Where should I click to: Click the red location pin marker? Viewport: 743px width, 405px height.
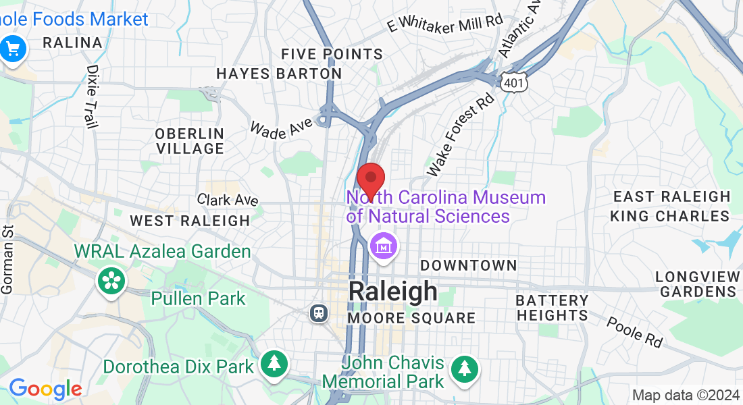pyautogui.click(x=370, y=180)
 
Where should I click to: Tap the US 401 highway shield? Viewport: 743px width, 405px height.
pyautogui.click(x=513, y=81)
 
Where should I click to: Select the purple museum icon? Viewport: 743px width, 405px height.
pyautogui.click(x=384, y=246)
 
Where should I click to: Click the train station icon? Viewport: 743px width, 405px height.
pyautogui.click(x=317, y=313)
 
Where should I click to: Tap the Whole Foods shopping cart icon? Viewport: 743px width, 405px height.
pyautogui.click(x=13, y=48)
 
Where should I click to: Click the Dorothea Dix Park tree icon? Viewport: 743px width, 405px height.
pyautogui.click(x=274, y=364)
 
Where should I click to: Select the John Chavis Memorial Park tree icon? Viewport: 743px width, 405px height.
pyautogui.click(x=465, y=369)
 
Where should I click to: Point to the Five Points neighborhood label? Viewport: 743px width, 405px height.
pyautogui.click(x=332, y=54)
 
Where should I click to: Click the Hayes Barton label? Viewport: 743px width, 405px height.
pyautogui.click(x=279, y=73)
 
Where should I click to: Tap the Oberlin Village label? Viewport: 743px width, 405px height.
pyautogui.click(x=189, y=141)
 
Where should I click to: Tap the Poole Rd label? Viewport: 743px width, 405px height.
pyautogui.click(x=634, y=332)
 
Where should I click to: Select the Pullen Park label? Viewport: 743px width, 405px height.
pyautogui.click(x=199, y=298)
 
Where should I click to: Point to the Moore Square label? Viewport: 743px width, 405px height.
pyautogui.click(x=411, y=317)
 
